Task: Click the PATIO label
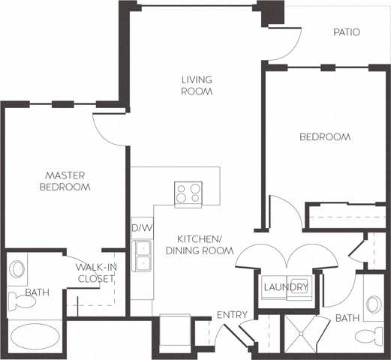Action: tap(347, 32)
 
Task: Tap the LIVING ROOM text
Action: tap(197, 85)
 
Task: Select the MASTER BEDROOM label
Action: tap(65, 181)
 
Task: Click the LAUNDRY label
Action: tap(285, 287)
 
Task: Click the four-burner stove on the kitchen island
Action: tap(188, 193)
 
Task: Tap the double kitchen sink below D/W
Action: tap(141, 256)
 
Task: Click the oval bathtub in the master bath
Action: tap(35, 337)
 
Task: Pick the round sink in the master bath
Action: tap(17, 268)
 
